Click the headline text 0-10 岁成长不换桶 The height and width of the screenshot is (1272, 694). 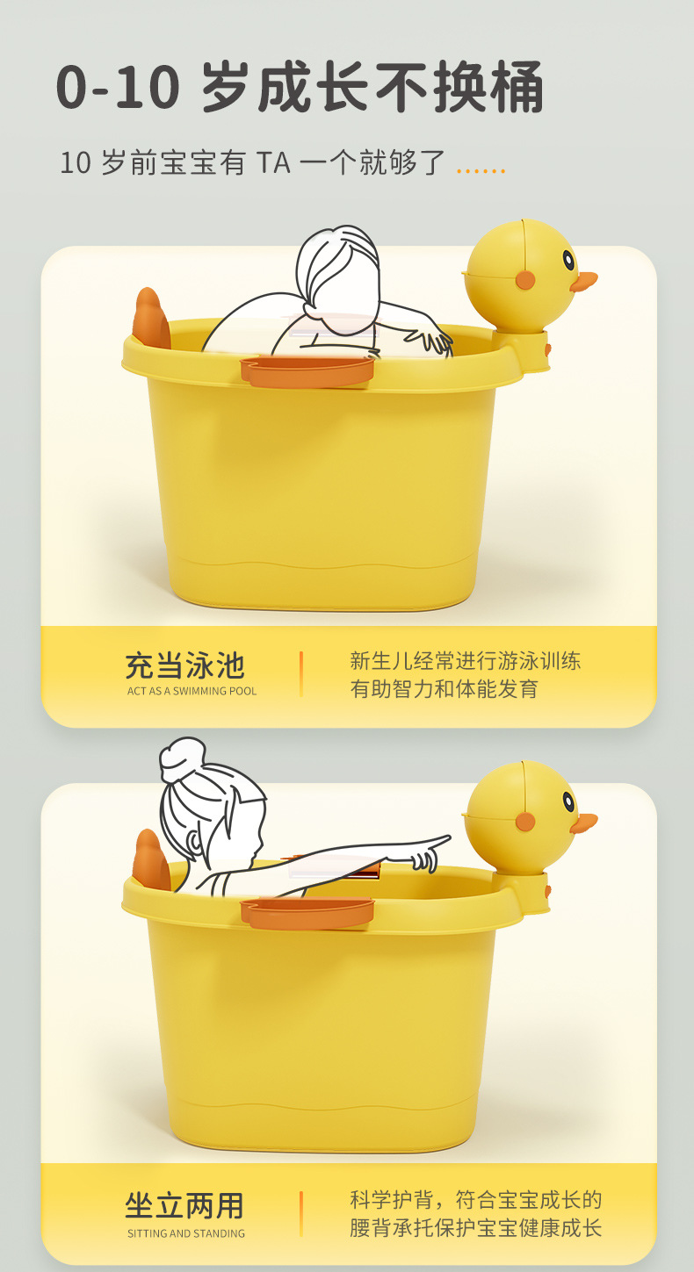coord(300,87)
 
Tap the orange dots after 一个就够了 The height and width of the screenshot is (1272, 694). coord(481,170)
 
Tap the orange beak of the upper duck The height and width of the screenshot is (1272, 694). coord(583,282)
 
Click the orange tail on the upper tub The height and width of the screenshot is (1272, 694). coord(151,318)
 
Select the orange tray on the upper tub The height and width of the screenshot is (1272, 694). coord(307,371)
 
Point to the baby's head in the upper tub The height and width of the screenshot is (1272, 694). coord(337,267)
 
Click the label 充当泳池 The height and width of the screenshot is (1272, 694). coord(184,665)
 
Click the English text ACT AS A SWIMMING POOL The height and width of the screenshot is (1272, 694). coord(192,692)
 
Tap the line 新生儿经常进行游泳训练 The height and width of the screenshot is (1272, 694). coord(465,661)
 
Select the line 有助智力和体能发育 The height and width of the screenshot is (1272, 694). coord(444,689)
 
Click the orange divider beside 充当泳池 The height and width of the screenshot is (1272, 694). coord(300,673)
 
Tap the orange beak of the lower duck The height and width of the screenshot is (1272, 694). coord(583,823)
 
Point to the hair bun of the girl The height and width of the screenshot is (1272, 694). coord(182,756)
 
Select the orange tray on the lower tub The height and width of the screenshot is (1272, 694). coord(307,913)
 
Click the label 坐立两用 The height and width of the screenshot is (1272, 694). coord(184,1206)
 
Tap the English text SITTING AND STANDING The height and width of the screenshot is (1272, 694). coord(185,1233)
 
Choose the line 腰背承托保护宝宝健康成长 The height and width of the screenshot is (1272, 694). coord(475,1228)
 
